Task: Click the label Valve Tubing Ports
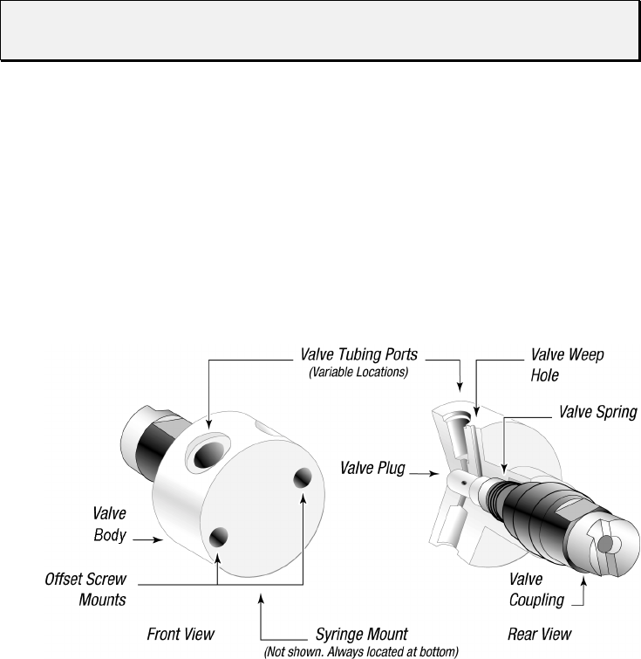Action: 358,355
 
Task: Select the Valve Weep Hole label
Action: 567,365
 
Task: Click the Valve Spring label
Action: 597,412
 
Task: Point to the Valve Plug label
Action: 372,469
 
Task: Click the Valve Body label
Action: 110,524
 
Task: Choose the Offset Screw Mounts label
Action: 85,589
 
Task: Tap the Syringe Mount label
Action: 361,634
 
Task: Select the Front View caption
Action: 180,634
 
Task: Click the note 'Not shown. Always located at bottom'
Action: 360,651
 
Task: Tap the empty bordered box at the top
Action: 319,30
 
